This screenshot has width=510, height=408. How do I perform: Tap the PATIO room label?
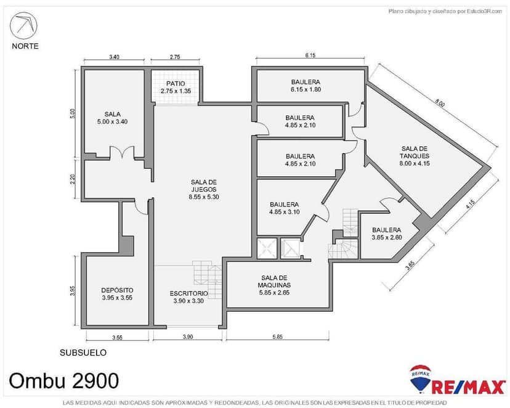[176, 87]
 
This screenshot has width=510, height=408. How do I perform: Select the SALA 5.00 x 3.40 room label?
[112, 118]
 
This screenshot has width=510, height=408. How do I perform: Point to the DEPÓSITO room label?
[117, 293]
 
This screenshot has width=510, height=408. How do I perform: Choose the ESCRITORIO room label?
[188, 296]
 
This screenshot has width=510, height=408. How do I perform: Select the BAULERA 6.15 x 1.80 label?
[306, 85]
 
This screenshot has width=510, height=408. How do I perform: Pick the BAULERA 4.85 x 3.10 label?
[284, 208]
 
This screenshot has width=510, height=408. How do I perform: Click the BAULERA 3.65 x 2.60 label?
[386, 233]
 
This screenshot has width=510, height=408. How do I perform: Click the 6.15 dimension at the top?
[310, 55]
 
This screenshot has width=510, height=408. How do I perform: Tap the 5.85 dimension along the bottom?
[277, 337]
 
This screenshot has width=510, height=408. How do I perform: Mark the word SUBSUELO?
[83, 353]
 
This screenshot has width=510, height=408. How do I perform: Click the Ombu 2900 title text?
[64, 380]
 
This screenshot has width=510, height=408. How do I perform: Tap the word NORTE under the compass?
[25, 46]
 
